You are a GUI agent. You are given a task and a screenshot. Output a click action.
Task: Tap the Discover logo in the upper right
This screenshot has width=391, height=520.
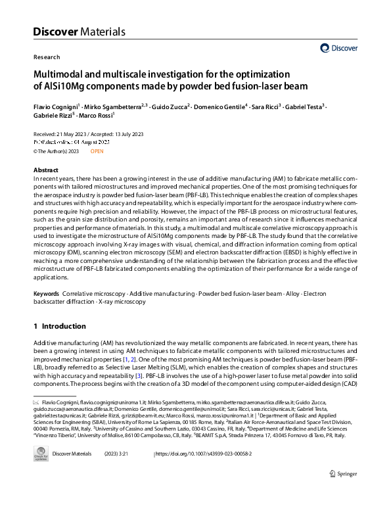(x=339, y=47)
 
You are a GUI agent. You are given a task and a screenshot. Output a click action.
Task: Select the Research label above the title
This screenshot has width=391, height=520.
(x=46, y=57)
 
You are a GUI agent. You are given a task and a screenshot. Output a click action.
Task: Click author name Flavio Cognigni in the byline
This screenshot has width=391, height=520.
(x=55, y=106)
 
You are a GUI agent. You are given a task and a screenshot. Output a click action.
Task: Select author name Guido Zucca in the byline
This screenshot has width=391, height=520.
(x=170, y=106)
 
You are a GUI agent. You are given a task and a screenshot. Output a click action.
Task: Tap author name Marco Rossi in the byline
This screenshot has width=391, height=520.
(x=96, y=115)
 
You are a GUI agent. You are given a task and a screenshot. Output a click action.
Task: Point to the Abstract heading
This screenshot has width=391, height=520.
(x=45, y=169)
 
